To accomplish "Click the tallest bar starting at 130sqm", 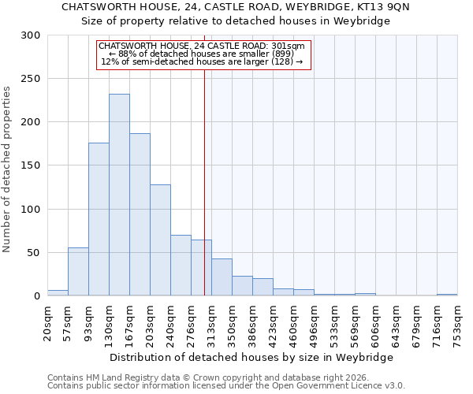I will (x=119, y=195).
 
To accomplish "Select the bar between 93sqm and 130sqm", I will (x=99, y=219).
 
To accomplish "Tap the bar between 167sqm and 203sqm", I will (x=140, y=214).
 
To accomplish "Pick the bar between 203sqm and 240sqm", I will (x=160, y=240).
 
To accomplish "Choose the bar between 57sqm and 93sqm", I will (x=78, y=272).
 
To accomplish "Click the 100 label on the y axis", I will (x=30, y=210).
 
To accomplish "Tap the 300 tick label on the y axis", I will (x=30, y=35).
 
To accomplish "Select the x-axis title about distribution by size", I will (x=251, y=357).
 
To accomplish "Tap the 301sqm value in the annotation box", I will (x=286, y=46).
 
